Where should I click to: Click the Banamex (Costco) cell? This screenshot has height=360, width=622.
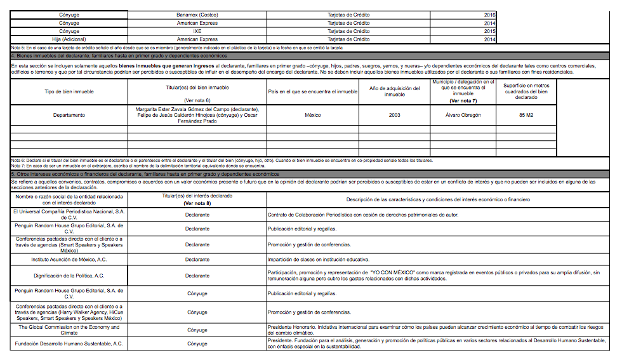click(197, 14)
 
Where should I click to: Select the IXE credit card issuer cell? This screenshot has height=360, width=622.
click(197, 31)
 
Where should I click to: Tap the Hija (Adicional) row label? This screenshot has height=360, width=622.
click(69, 39)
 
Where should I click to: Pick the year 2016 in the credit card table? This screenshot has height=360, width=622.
click(489, 14)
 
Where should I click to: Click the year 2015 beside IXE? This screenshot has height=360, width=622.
click(489, 31)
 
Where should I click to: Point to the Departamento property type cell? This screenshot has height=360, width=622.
click(69, 115)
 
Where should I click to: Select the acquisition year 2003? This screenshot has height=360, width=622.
click(394, 115)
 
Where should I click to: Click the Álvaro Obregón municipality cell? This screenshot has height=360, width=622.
click(463, 115)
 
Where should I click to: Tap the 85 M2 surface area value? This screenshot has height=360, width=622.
click(526, 115)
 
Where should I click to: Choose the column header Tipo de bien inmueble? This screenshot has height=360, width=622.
click(69, 92)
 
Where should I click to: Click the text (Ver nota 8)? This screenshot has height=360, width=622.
click(197, 203)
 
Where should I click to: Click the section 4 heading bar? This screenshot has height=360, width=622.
click(311, 55)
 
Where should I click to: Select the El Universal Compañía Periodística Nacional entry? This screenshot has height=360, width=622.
click(69, 215)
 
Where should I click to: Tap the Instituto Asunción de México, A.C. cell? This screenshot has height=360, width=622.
click(69, 260)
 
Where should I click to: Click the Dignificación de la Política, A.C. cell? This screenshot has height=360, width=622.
click(69, 276)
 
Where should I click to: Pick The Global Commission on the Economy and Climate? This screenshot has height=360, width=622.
click(69, 330)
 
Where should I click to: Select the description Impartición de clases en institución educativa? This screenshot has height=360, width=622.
click(330, 260)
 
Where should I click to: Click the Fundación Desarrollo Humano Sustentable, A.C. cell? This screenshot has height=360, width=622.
click(69, 343)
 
